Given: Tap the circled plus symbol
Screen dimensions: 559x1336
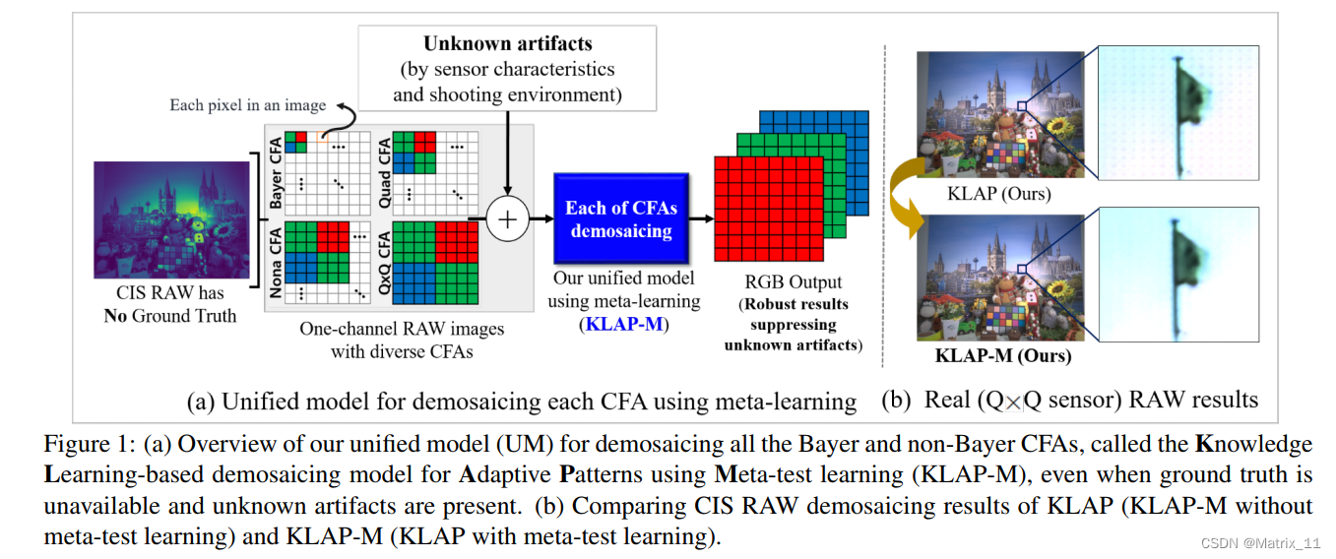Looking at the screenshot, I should point(508,219).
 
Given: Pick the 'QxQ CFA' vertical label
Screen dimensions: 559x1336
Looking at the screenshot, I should point(383,264).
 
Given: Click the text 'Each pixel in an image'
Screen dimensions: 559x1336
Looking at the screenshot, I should point(247,105).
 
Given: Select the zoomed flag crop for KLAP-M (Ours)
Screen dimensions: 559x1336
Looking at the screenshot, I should point(1177,274).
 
